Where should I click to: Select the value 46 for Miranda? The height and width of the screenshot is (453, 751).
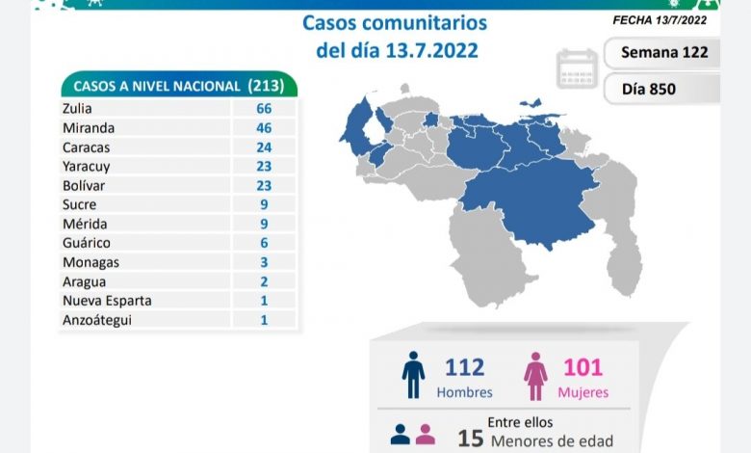[263, 127]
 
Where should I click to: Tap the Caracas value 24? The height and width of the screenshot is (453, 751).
[263, 147]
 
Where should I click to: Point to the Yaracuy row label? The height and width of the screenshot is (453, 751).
[84, 166]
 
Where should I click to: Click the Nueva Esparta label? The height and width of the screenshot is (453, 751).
[105, 300]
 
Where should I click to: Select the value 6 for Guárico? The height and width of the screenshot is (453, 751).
[263, 243]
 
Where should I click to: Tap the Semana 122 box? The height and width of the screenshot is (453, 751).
[663, 52]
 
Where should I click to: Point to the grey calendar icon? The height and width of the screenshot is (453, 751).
[576, 68]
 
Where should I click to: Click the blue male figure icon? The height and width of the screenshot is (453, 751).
[413, 375]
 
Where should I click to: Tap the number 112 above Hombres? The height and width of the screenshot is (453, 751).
[464, 367]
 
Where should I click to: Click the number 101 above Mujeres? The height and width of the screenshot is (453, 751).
[583, 367]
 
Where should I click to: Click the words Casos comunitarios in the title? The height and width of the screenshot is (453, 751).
[395, 23]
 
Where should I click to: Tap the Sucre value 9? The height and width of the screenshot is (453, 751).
[263, 204]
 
